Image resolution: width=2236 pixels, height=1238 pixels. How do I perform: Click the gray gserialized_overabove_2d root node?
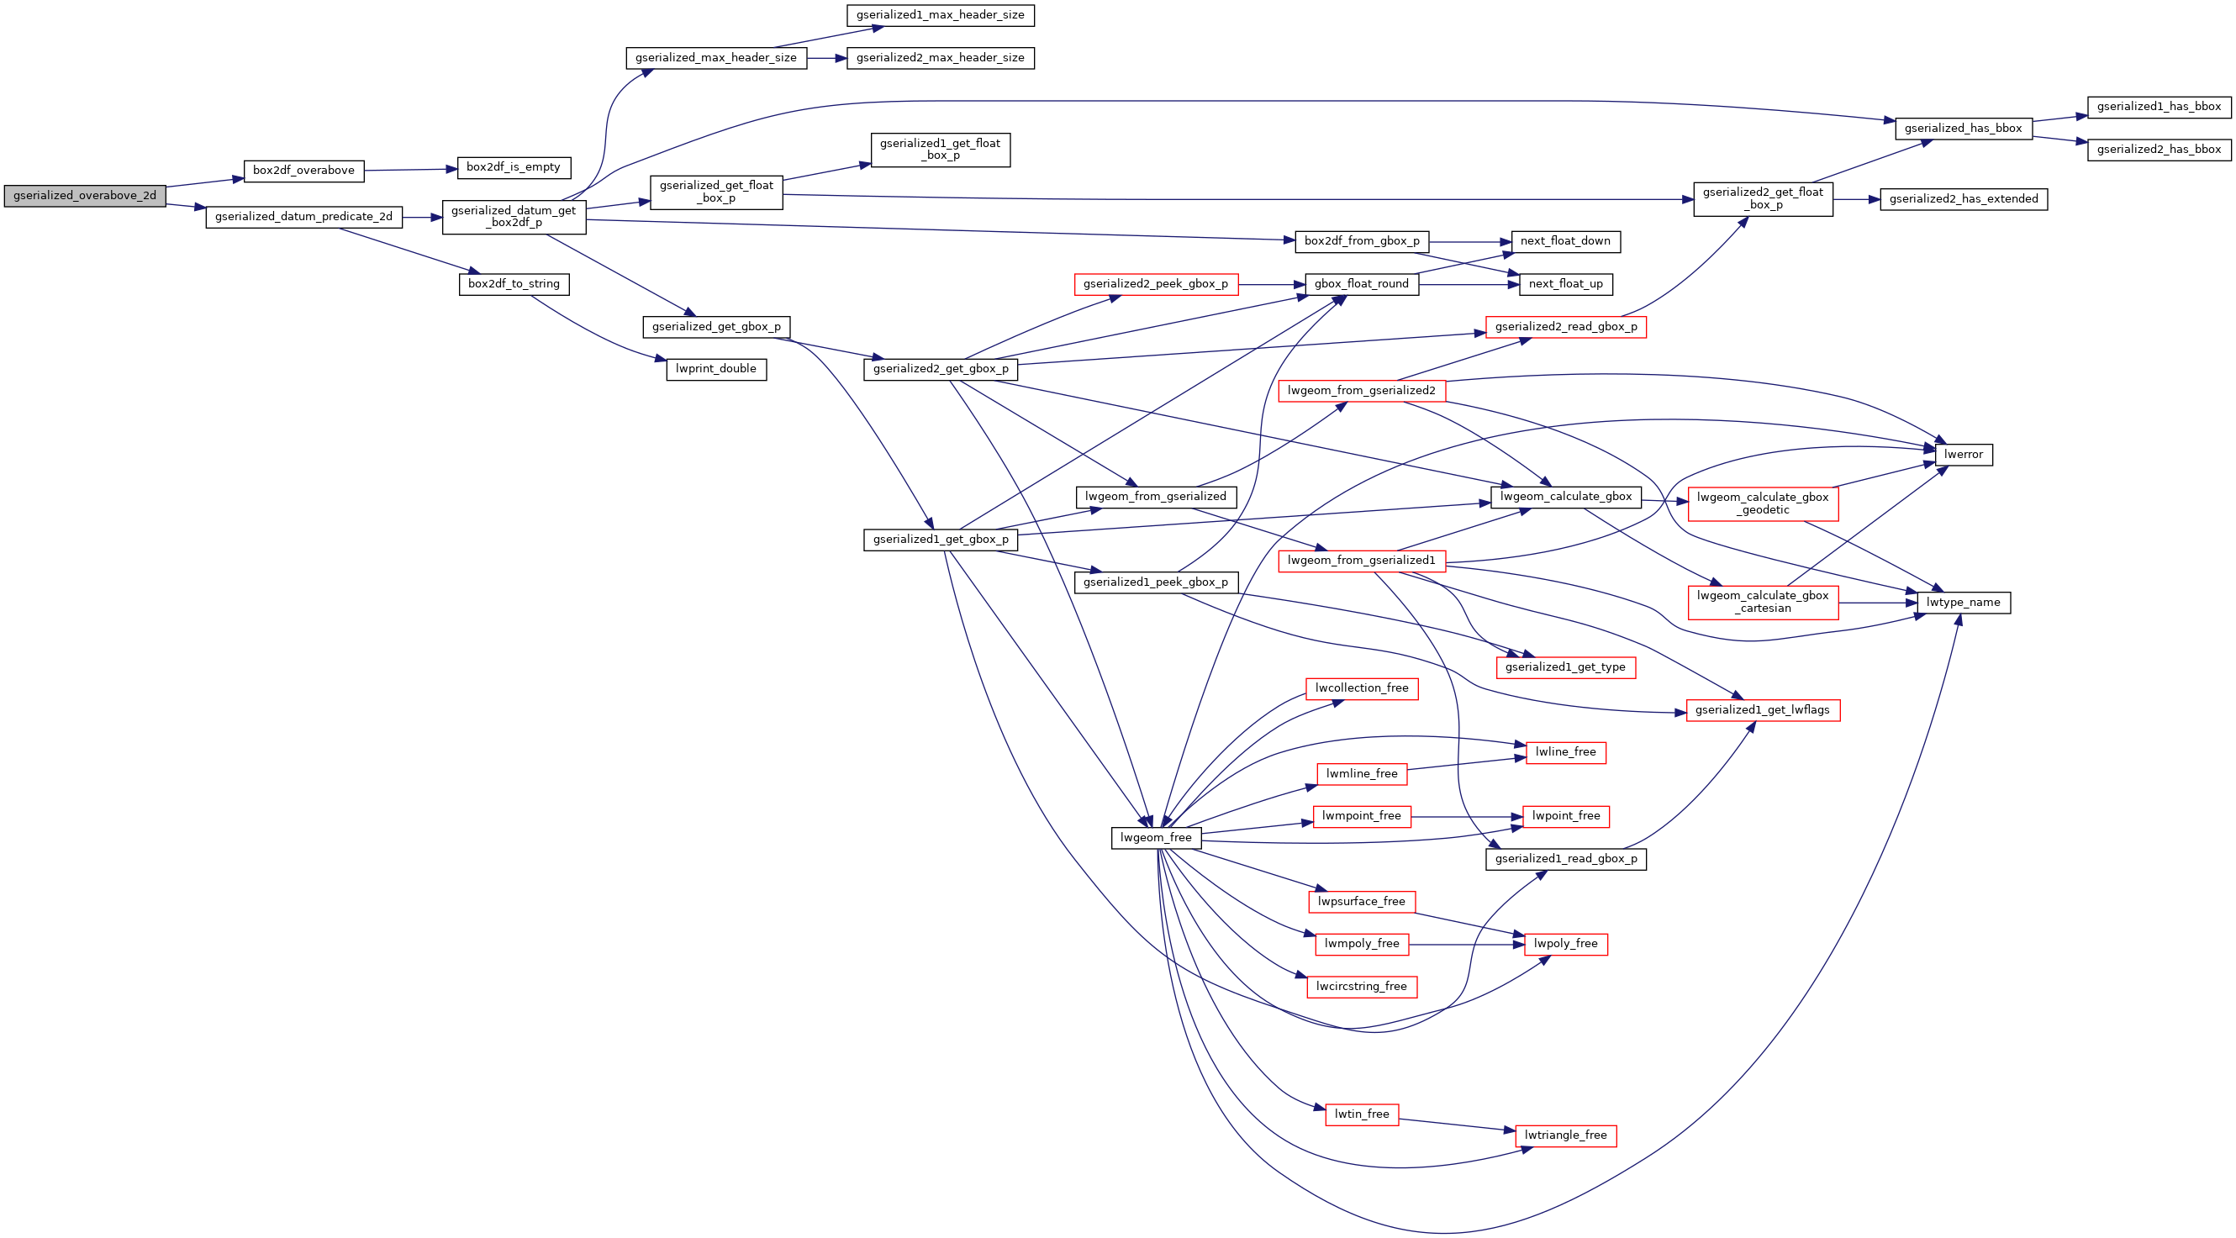click(x=84, y=195)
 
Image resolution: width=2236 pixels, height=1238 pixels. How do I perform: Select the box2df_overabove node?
click(x=303, y=170)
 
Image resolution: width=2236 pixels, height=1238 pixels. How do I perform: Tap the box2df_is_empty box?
click(x=514, y=166)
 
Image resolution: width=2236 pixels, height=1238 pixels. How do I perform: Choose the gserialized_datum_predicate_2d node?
click(x=303, y=216)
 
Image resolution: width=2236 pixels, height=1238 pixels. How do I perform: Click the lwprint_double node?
click(x=716, y=368)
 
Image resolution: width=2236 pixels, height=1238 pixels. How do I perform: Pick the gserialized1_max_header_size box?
click(x=940, y=15)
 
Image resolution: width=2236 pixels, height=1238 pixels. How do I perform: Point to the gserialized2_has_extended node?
click(x=1964, y=199)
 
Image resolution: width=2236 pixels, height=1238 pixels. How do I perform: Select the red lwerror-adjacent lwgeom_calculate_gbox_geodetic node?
click(x=1763, y=503)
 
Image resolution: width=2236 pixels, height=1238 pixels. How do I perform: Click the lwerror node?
click(x=1964, y=454)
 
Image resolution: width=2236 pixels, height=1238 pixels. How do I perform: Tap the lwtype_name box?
click(x=1964, y=603)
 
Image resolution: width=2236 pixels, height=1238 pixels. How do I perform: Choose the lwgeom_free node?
click(x=1156, y=838)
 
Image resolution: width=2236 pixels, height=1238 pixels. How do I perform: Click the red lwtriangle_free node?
click(x=1566, y=1135)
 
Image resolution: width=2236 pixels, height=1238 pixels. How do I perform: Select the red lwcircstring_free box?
click(x=1361, y=986)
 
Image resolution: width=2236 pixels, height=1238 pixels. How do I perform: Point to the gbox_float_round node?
click(x=1362, y=284)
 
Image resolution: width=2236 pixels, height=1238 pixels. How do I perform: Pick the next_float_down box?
click(x=1566, y=241)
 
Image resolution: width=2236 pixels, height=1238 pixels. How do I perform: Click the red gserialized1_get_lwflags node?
click(x=1763, y=710)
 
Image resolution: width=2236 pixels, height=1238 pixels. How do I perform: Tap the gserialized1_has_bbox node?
click(x=2159, y=107)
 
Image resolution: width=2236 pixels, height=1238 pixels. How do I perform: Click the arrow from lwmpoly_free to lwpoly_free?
click(x=1467, y=944)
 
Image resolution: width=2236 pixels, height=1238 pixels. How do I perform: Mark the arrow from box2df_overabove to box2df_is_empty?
click(x=410, y=169)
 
